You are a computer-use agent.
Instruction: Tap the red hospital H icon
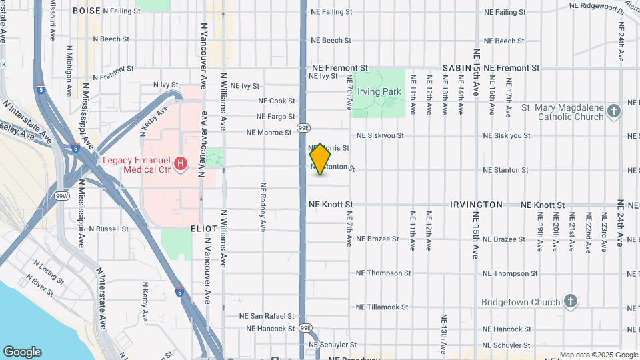pos(179,163)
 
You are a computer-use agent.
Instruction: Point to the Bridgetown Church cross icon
pos(570,301)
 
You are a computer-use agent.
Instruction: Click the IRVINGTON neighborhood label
pos(476,205)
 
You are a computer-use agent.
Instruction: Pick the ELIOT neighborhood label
pos(205,228)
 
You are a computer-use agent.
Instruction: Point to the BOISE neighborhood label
pos(86,11)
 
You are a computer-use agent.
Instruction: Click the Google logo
pos(22,352)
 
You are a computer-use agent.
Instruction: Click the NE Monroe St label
pos(269,132)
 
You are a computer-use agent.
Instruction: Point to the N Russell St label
pos(109,229)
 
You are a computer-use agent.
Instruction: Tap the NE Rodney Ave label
pos(263,207)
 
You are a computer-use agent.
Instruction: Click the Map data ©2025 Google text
pos(597,355)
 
